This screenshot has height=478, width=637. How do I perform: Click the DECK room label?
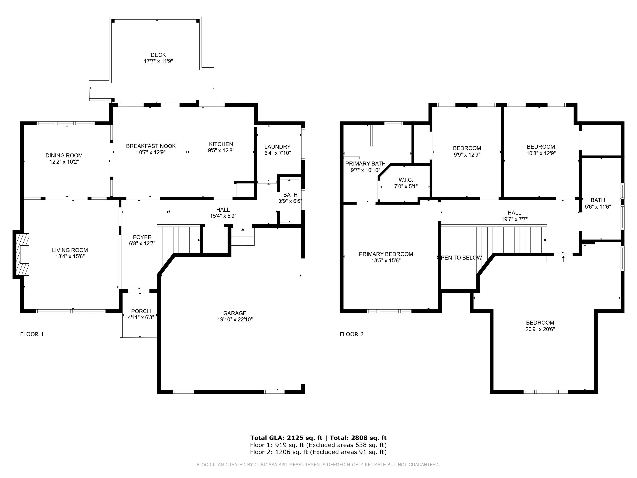158,55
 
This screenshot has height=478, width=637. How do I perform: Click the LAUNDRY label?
277,147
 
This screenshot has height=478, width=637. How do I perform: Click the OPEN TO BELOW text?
459,257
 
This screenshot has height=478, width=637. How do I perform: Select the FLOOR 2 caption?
351,334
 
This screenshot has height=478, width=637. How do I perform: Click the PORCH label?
141,311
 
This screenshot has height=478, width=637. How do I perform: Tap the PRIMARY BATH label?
365,164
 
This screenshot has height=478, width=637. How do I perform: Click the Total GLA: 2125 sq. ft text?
286,438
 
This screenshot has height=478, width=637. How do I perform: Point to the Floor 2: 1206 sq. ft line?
318,452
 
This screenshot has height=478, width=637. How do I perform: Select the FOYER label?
142,237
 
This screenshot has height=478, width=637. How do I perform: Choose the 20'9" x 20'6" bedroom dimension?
540,329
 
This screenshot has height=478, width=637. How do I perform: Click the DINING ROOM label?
64,156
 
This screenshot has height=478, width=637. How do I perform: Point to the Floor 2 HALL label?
514,213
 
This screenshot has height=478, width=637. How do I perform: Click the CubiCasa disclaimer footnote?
318,464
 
